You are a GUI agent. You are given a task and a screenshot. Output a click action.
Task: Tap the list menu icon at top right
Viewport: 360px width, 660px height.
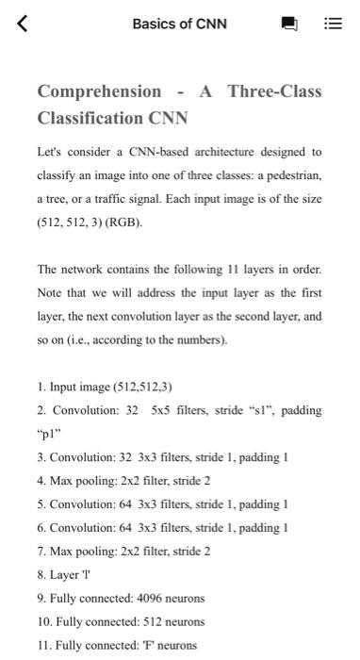point(333,24)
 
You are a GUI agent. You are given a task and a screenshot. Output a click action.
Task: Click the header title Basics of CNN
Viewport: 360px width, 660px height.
point(180,24)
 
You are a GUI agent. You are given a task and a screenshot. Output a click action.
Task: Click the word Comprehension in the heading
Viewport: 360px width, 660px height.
point(99,91)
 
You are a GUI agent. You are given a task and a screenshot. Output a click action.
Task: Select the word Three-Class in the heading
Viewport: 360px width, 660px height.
point(274,91)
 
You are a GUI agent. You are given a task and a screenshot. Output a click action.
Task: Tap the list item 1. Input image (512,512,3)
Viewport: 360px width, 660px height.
point(105,387)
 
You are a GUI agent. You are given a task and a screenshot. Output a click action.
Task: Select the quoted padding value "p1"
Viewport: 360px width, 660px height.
point(48,434)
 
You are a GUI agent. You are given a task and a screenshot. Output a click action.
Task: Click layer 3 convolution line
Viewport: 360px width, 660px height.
point(162,457)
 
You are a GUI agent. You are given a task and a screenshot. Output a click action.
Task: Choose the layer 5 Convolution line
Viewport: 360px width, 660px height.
point(162,503)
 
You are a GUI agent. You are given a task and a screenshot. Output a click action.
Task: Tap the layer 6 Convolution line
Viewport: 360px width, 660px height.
point(162,527)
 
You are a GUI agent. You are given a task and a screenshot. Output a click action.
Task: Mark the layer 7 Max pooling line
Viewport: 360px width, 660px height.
point(123,551)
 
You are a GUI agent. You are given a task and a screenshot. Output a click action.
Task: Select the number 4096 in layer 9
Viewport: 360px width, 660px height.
point(151,598)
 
